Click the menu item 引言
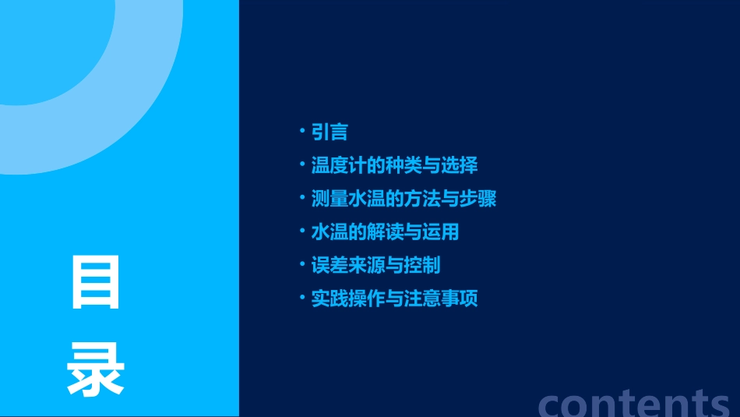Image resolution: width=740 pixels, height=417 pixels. [x=329, y=133]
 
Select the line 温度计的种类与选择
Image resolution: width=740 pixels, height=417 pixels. [x=394, y=165]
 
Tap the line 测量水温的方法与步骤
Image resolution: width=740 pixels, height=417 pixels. [x=403, y=199]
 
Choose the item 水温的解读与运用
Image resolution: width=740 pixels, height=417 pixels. [x=385, y=232]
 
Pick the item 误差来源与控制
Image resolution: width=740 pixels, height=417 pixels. [x=375, y=265]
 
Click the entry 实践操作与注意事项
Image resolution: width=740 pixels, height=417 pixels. [x=394, y=299]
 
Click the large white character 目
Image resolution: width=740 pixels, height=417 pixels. [x=96, y=283]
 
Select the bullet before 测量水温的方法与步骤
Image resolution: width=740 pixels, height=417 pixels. [x=302, y=197]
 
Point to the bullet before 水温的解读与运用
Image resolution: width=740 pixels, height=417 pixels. [x=302, y=231]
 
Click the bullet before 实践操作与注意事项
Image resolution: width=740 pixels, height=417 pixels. [x=302, y=297]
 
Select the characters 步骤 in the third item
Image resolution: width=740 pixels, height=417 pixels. [x=477, y=199]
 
